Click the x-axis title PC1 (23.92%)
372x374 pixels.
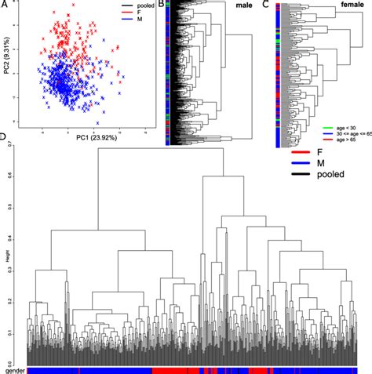84,137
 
